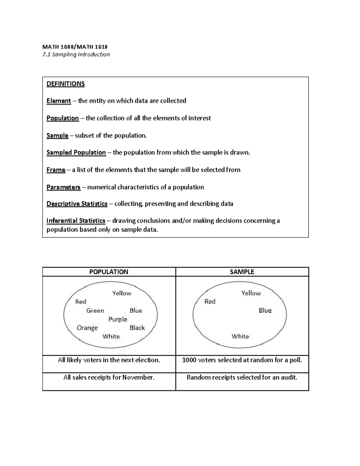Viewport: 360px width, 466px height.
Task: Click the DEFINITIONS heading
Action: pyautogui.click(x=65, y=84)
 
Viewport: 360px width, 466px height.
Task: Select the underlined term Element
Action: pyautogui.click(x=58, y=101)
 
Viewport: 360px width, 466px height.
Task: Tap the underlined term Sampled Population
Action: pyautogui.click(x=76, y=152)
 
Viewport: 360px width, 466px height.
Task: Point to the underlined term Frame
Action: pyautogui.click(x=56, y=170)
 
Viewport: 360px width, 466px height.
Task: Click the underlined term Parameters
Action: pyautogui.click(x=63, y=187)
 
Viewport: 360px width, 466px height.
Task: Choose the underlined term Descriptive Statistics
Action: pyautogui.click(x=77, y=204)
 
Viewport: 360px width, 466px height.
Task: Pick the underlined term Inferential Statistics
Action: pyautogui.click(x=76, y=221)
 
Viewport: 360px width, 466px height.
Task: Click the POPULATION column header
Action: pyautogui.click(x=109, y=272)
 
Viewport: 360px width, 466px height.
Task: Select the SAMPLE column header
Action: pyautogui.click(x=242, y=272)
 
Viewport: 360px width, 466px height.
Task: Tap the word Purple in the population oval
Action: pyautogui.click(x=118, y=319)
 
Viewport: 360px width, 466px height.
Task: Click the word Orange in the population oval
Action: pyautogui.click(x=87, y=328)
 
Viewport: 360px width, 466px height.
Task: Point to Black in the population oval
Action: pyautogui.click(x=137, y=328)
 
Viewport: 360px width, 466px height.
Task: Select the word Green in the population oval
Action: pyautogui.click(x=95, y=311)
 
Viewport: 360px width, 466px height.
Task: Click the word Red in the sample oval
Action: pyautogui.click(x=210, y=302)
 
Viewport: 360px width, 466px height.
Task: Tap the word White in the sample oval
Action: pyautogui.click(x=240, y=336)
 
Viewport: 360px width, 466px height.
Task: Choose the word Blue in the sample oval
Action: pyautogui.click(x=265, y=310)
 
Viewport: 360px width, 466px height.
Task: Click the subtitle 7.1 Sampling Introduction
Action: pyautogui.click(x=76, y=55)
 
